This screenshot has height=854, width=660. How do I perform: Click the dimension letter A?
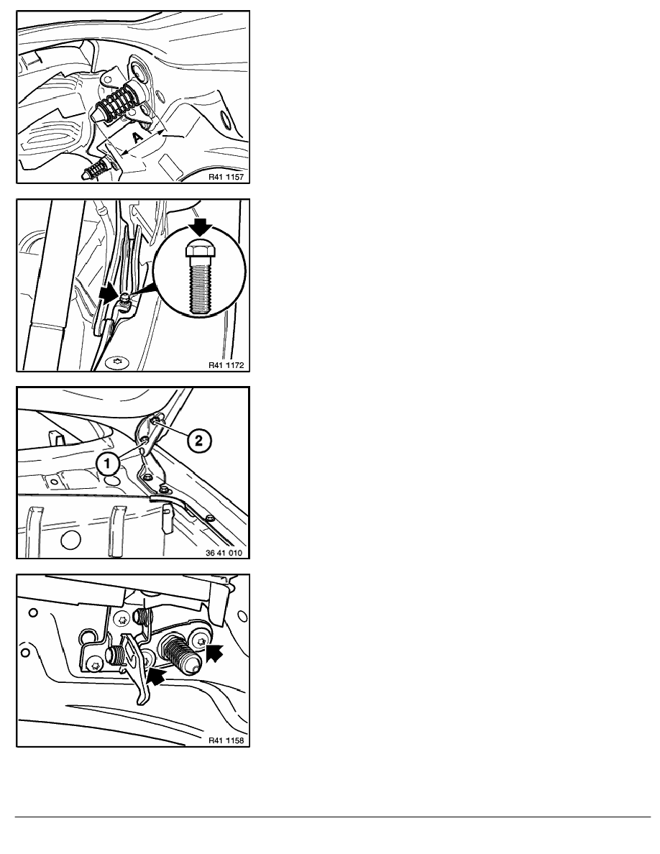point(138,137)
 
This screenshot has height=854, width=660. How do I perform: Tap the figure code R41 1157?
point(226,177)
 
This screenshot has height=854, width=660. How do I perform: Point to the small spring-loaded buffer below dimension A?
point(97,168)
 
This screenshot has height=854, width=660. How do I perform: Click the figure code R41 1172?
point(226,365)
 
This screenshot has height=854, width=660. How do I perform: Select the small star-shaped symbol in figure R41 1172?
point(116,361)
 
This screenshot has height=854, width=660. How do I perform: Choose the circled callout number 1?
point(108,464)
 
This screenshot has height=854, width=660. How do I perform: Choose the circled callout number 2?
point(198,440)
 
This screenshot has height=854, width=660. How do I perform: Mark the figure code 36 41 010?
point(224,553)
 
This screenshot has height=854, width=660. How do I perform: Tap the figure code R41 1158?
point(226,740)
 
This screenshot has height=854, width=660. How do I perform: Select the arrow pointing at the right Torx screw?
point(215,652)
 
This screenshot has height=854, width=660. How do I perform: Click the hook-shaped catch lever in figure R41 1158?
point(136,670)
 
